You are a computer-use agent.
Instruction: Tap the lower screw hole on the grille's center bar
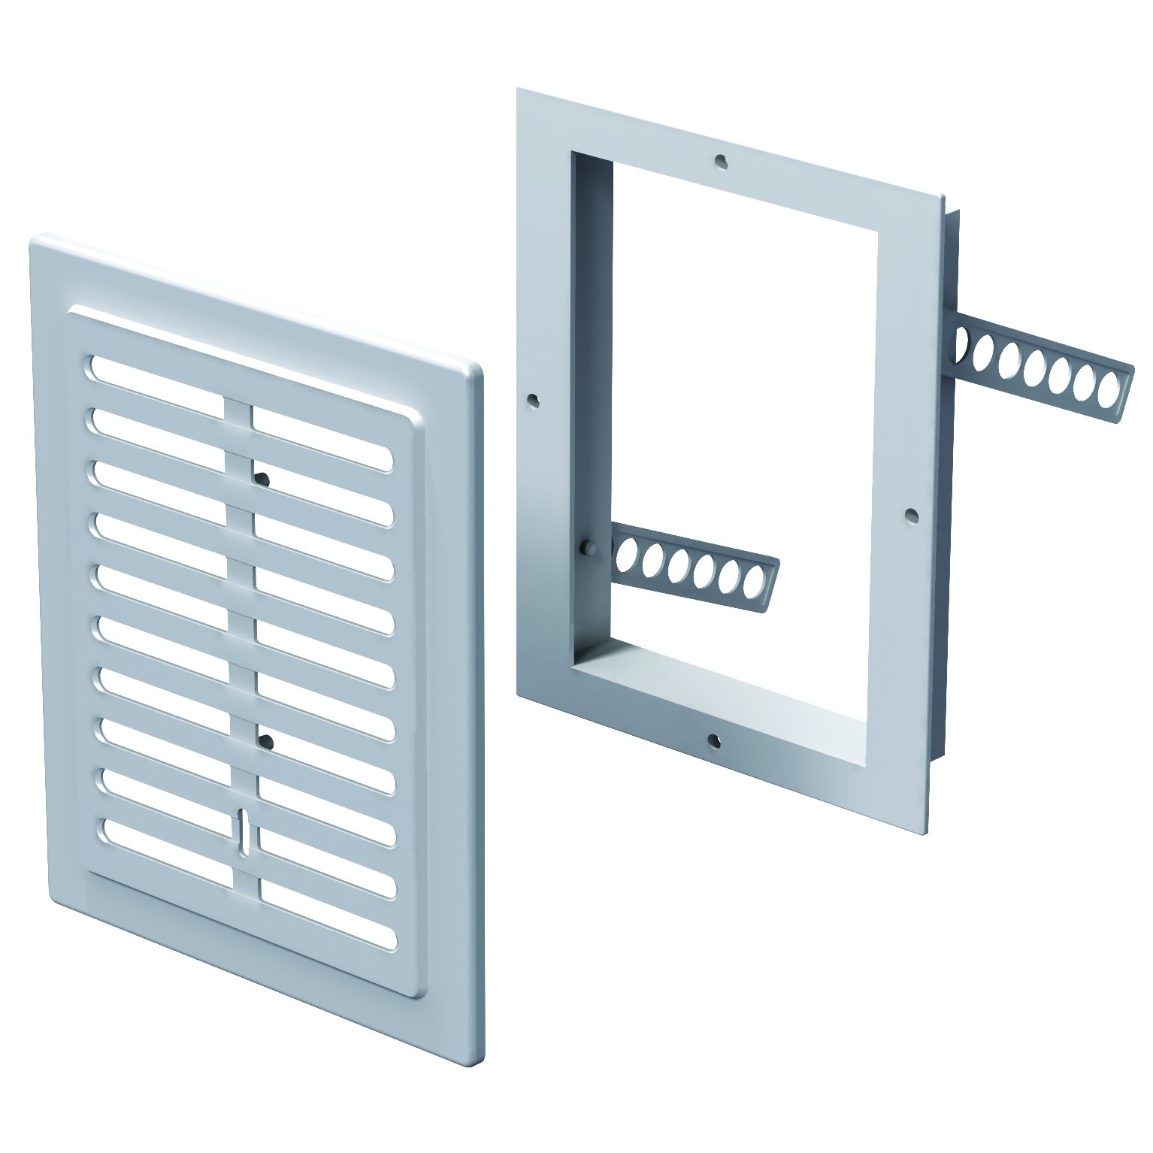264,743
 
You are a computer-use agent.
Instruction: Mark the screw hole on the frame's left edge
533,400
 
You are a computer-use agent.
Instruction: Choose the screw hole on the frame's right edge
910,514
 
